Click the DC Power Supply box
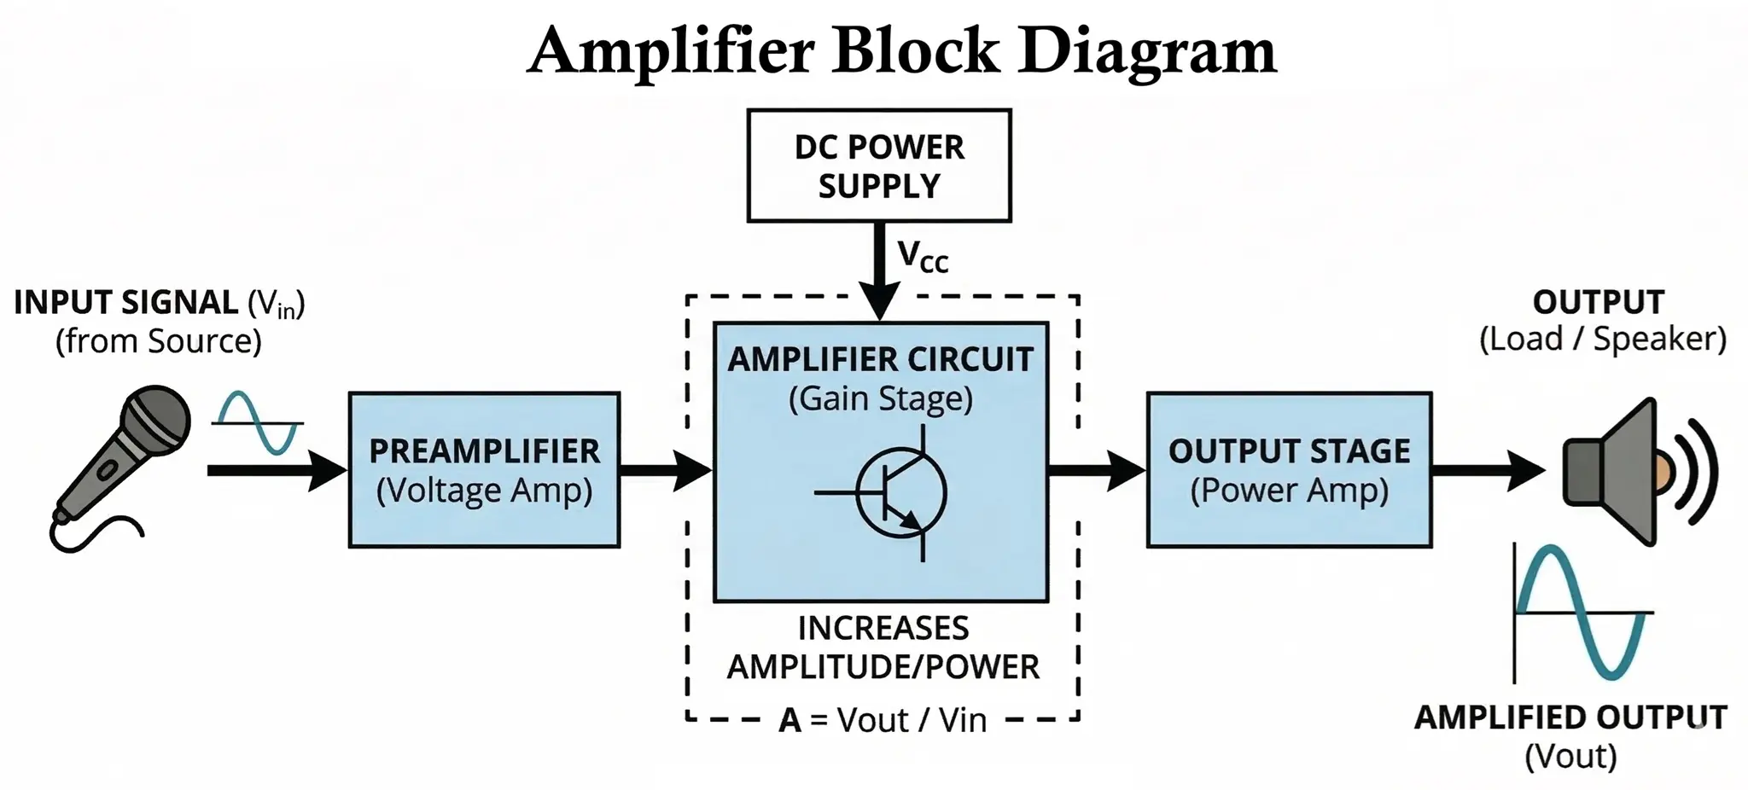pos(879,166)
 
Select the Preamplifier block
pos(484,469)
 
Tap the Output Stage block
pos(1289,469)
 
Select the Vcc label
pos(923,256)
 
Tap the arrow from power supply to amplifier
pos(879,269)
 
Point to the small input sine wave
pos(258,422)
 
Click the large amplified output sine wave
pos(1583,613)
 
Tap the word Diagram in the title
pos(1147,51)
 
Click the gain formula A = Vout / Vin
pos(883,720)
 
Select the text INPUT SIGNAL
pos(126,303)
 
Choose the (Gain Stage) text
pos(880,398)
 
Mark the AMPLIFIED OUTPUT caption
pos(1570,717)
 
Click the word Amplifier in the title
pos(671,51)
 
